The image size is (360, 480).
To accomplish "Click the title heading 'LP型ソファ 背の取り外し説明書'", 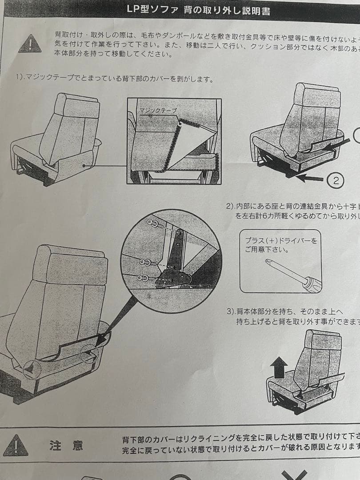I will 198,9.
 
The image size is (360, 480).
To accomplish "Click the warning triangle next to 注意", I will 16,444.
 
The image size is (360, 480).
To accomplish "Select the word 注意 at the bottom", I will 66,445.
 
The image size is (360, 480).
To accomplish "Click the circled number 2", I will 336,180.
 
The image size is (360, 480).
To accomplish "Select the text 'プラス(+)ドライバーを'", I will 281,240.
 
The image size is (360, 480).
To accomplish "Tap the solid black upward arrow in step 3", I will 279,368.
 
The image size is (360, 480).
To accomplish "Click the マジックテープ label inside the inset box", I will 158,110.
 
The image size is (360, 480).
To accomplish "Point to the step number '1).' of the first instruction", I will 20,79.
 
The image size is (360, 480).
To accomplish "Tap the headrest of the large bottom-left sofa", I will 71,264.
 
